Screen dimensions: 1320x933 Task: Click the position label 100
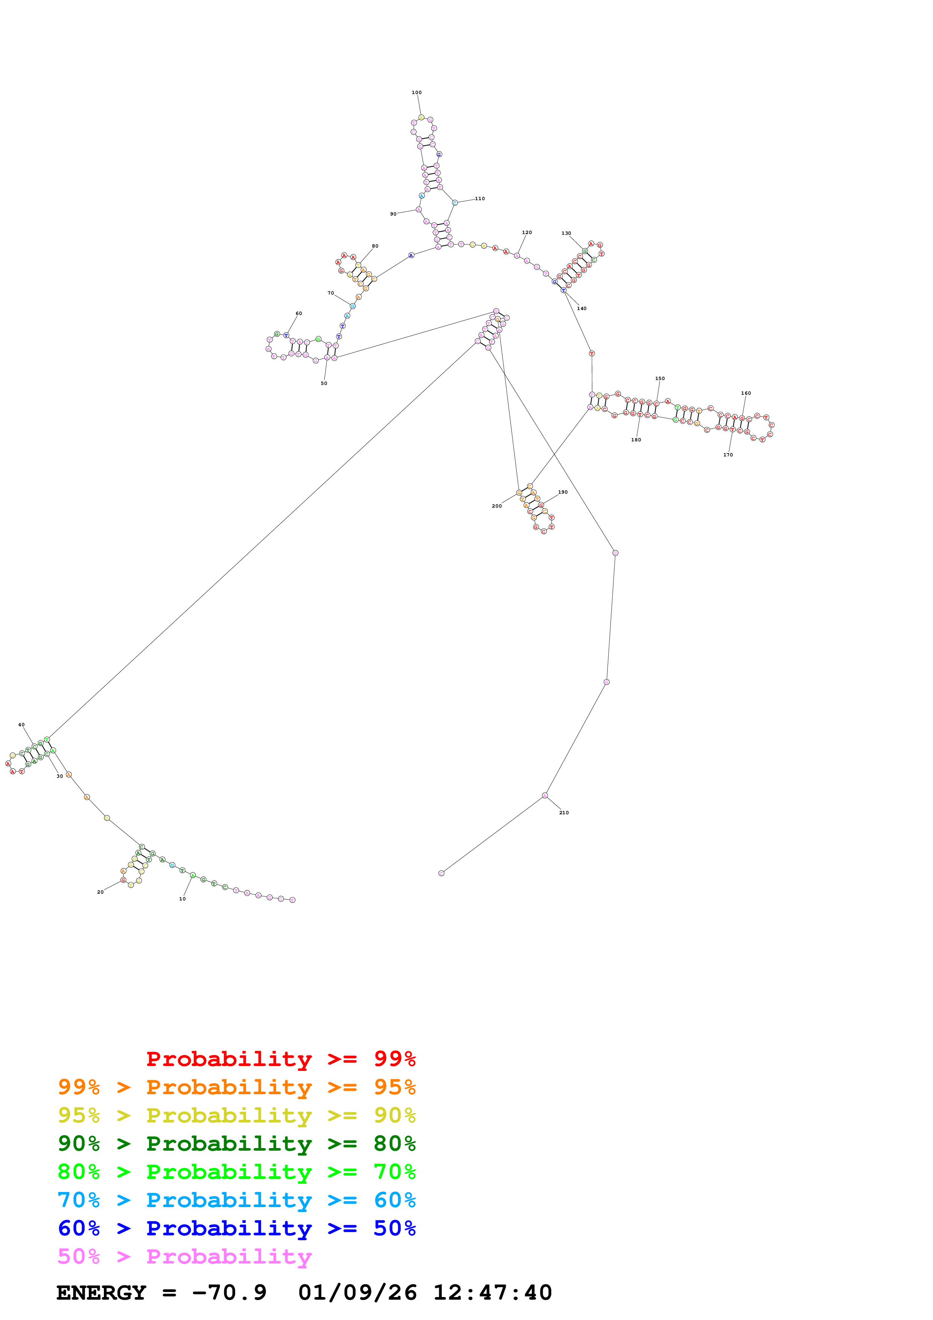(416, 93)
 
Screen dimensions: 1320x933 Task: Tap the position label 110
(479, 199)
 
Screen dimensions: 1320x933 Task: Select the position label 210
(563, 813)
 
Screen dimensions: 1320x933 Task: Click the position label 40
(21, 725)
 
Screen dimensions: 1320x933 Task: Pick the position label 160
(746, 393)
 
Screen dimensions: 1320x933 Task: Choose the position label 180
(636, 440)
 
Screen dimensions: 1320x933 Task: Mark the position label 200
(497, 506)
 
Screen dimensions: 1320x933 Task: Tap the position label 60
(298, 313)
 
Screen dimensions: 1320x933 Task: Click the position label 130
(566, 233)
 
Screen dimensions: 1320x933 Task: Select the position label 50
(324, 383)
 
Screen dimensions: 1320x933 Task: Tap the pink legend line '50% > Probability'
(184, 1257)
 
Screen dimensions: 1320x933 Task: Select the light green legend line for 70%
(236, 1172)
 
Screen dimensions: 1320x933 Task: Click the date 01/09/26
(357, 1293)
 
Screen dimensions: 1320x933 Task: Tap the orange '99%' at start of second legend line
(79, 1087)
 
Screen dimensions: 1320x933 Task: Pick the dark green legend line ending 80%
(236, 1144)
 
